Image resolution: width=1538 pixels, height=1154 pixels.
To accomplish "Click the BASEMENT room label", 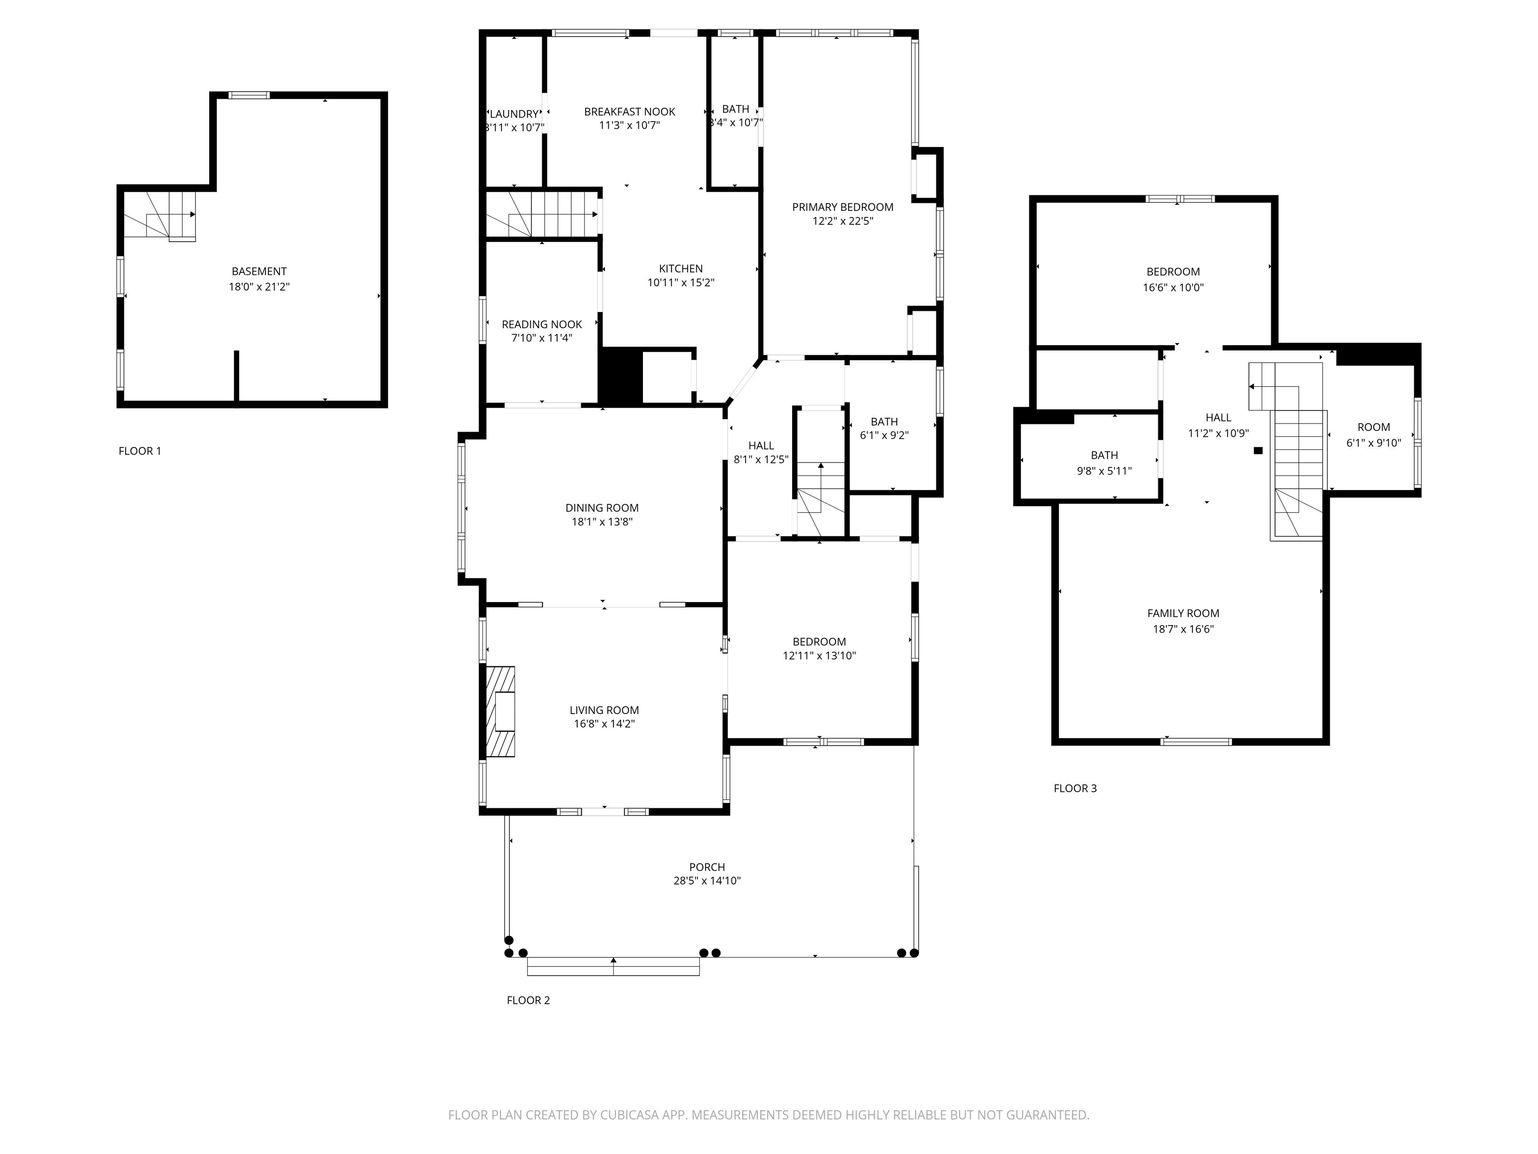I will pos(259,271).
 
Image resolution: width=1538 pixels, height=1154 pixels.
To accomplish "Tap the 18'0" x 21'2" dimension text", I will pos(259,286).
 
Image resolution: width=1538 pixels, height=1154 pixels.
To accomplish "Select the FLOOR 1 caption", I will pos(140,451).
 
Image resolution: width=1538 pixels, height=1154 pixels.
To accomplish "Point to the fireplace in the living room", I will pos(501,711).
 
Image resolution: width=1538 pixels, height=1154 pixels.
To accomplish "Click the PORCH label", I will pos(706,867).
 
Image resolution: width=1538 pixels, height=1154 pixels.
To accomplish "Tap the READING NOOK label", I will pos(542,324).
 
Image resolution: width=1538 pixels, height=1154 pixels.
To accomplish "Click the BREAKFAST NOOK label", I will pos(629,111).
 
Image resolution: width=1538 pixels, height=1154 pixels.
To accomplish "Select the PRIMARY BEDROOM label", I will pos(842,206).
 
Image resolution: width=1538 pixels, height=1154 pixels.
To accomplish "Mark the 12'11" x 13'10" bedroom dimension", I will pos(819,655).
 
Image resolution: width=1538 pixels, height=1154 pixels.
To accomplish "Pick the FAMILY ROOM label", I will pos(1183,613).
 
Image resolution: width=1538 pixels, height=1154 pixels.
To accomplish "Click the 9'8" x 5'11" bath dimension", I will pos(1104,471).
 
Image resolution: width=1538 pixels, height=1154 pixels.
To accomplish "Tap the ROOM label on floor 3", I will pos(1373,427).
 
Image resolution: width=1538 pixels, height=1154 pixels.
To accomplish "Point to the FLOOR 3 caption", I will pos(1075,788).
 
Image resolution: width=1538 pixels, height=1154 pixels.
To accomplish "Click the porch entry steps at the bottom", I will pos(613,966).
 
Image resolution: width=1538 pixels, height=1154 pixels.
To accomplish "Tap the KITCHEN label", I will pos(681,268).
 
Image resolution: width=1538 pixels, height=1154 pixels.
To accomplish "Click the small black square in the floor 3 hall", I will pos(1257,451).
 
